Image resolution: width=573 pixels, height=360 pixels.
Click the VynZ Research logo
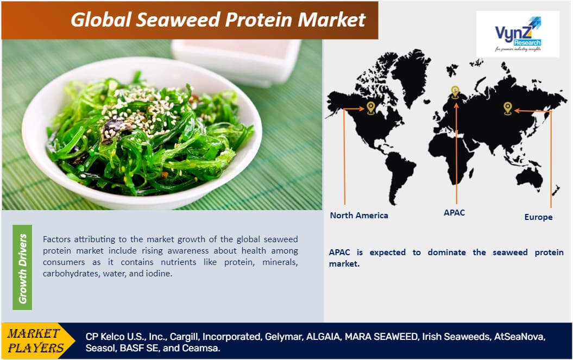pyautogui.click(x=518, y=34)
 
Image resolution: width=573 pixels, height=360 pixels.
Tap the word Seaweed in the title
pyautogui.click(x=178, y=20)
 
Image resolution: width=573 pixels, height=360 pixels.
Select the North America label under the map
pyautogui.click(x=359, y=215)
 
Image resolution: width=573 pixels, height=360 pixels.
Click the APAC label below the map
pyautogui.click(x=454, y=212)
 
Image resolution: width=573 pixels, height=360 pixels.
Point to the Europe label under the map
pyautogui.click(x=538, y=217)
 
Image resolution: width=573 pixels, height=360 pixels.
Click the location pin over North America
pyautogui.click(x=371, y=108)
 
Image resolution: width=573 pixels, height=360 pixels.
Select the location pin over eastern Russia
pyautogui.click(x=508, y=108)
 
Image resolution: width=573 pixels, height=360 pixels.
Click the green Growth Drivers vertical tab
pyautogui.click(x=22, y=268)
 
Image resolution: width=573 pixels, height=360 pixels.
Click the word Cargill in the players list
pyautogui.click(x=185, y=337)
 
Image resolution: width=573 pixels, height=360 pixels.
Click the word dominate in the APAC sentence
pyautogui.click(x=446, y=252)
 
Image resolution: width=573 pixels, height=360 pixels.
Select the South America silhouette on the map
pyautogui.click(x=400, y=175)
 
